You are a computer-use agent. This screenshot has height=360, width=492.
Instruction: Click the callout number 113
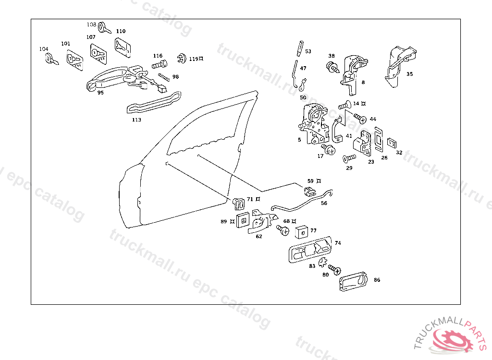point(136,120)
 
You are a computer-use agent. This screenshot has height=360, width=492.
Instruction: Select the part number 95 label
point(100,93)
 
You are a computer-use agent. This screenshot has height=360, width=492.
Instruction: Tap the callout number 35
point(409,74)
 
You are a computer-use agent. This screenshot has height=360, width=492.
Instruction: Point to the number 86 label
point(377,279)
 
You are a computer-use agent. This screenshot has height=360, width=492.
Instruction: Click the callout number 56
point(324,203)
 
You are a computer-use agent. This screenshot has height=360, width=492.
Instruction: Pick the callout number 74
point(338,243)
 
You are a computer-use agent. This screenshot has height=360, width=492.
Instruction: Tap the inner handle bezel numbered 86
point(353,282)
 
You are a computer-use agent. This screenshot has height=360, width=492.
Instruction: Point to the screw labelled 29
point(349,158)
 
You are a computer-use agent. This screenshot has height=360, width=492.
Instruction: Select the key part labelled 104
point(50,60)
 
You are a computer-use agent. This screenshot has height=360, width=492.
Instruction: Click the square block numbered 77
point(302,231)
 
